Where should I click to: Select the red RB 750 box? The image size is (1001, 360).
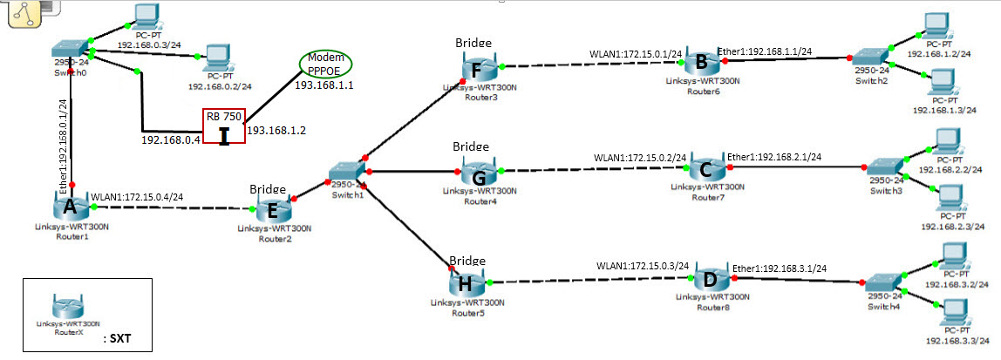click(x=224, y=126)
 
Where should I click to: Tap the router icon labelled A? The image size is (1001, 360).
click(x=70, y=209)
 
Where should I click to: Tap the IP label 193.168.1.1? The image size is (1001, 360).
click(x=323, y=85)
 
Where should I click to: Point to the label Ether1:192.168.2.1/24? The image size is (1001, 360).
click(x=773, y=157)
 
